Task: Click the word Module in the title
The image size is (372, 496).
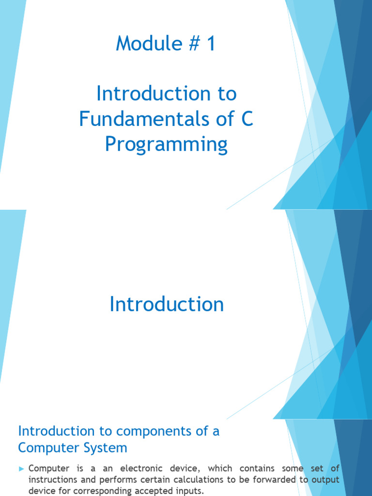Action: pos(149,43)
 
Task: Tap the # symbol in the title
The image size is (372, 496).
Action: pos(194,43)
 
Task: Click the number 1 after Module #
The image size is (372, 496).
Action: pos(211,43)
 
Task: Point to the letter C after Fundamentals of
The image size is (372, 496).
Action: pos(247,119)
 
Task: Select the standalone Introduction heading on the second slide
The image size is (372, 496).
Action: pos(167,304)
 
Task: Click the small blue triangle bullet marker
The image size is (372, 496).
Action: pos(21,469)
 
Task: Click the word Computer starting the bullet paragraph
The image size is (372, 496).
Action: pos(49,468)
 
